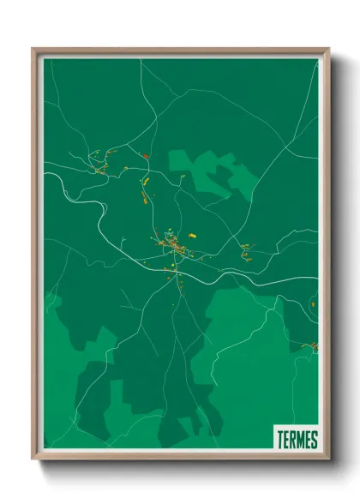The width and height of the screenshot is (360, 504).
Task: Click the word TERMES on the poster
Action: (297, 441)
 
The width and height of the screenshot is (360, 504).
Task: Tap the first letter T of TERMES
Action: (280, 441)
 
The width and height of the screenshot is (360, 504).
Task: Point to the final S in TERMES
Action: (314, 441)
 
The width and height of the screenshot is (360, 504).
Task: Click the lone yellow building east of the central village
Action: (192, 232)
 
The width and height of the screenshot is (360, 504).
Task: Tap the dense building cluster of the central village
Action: (176, 248)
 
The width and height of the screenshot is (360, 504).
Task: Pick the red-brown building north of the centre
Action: (145, 157)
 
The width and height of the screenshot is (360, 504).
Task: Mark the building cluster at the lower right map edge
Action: (312, 346)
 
